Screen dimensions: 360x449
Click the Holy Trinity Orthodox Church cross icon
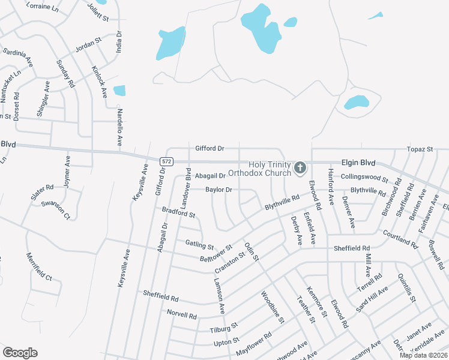(x=300, y=167)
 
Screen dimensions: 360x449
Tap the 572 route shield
(x=167, y=161)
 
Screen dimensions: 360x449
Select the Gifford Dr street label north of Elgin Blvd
(x=209, y=148)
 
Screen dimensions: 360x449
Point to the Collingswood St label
(x=365, y=178)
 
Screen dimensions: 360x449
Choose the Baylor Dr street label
(x=219, y=190)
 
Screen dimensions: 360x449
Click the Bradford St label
(x=179, y=212)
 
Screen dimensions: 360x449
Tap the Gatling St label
(x=200, y=245)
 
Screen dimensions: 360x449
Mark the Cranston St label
(x=230, y=262)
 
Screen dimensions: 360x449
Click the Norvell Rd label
(x=182, y=314)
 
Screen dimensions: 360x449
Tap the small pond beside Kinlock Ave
(x=119, y=91)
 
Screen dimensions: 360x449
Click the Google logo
(x=20, y=353)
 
